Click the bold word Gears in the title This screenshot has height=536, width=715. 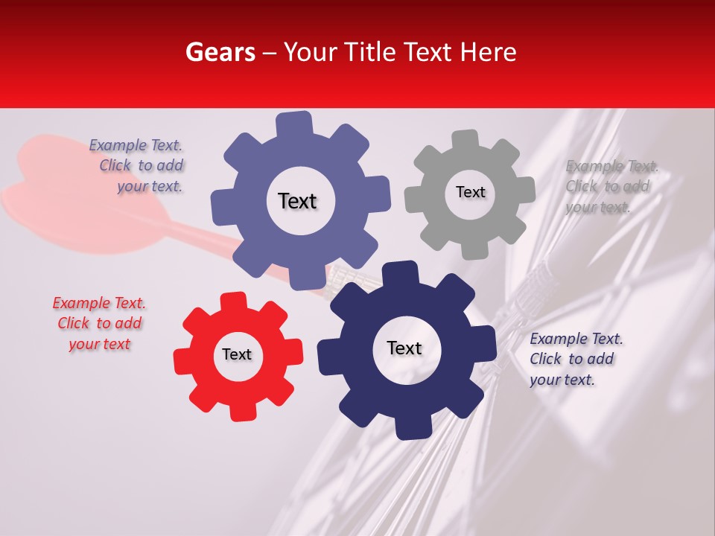click(220, 52)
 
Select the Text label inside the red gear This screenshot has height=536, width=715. click(237, 354)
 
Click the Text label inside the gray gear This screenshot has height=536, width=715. click(470, 192)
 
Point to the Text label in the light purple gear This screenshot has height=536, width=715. click(297, 201)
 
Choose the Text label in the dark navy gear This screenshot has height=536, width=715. click(404, 348)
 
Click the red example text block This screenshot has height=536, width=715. click(99, 323)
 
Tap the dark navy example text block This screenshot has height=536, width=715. click(575, 359)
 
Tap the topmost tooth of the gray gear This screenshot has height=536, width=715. click(465, 139)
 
